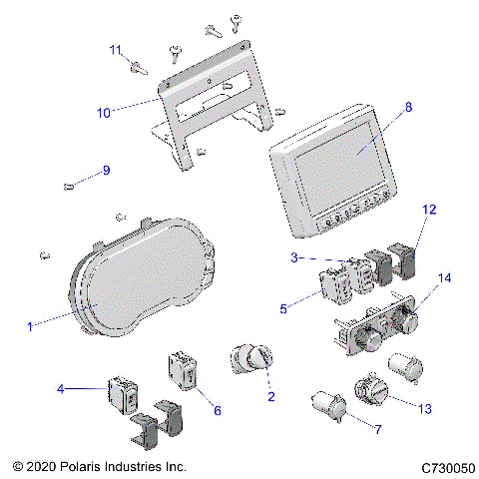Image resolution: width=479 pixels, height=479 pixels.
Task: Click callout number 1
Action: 29,324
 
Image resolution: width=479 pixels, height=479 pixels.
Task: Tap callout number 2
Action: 269,397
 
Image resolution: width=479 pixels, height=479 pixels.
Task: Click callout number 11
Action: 116,49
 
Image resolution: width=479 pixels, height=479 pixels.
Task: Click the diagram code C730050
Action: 450,467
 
